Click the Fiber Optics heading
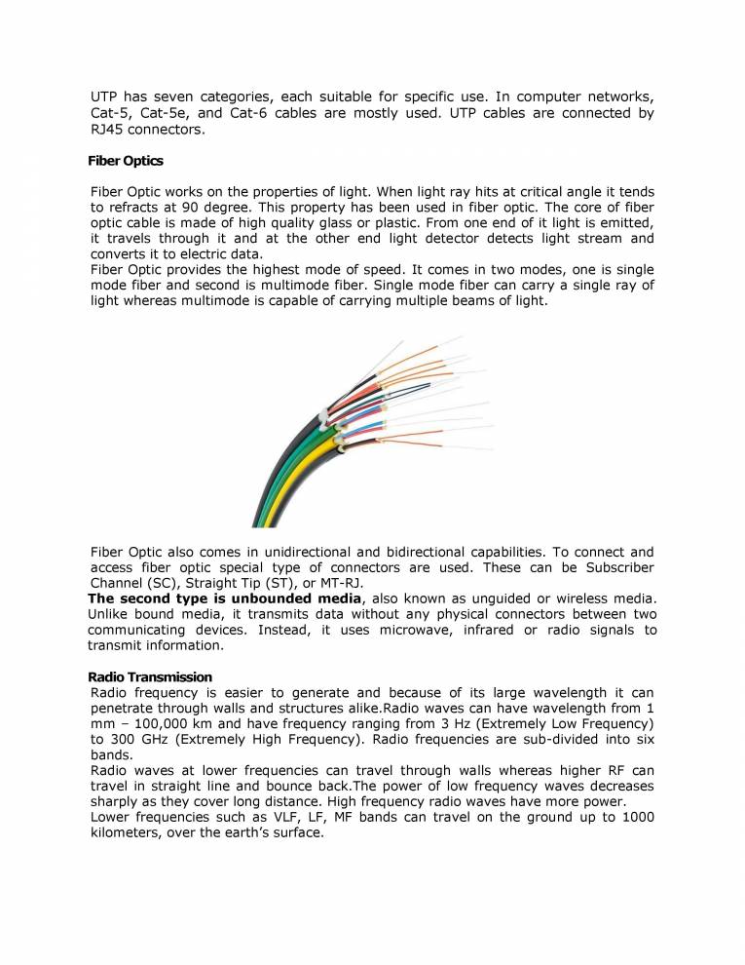click(126, 160)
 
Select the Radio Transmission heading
click(150, 676)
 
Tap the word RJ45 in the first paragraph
click(108, 130)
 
